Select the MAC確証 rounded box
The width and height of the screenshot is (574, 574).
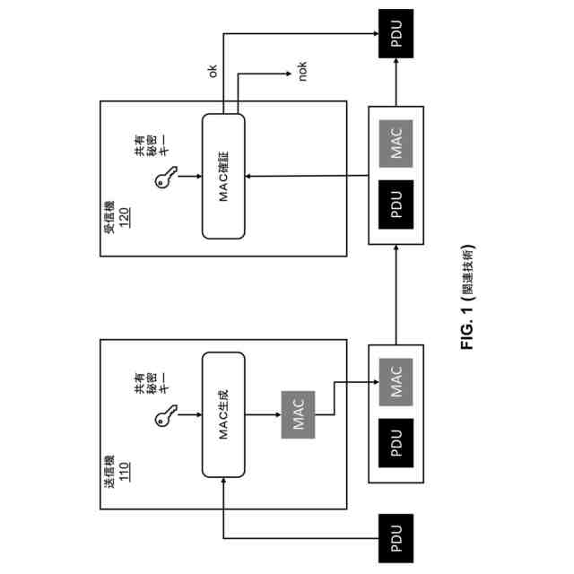[224, 176]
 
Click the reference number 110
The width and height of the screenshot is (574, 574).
[125, 470]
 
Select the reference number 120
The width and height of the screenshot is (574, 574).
[125, 221]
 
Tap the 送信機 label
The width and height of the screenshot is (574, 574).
[109, 470]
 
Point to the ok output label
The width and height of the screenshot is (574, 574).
[213, 71]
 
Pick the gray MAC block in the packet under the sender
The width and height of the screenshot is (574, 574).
[396, 381]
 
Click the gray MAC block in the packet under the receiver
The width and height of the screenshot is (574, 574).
[396, 145]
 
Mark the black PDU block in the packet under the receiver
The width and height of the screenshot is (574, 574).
[396, 205]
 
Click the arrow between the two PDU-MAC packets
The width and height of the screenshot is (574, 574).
[396, 296]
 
